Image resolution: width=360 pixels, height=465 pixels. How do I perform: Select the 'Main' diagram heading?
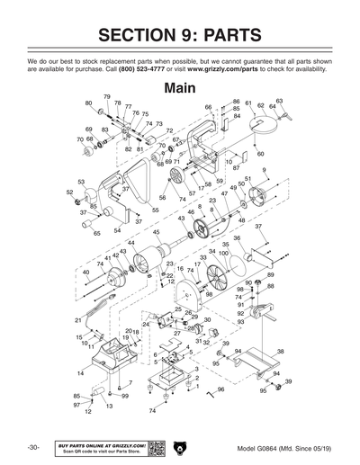pyautogui.click(x=181, y=89)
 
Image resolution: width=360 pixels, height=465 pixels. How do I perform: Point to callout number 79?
pyautogui.click(x=107, y=97)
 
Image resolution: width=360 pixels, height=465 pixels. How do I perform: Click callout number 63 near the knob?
pyautogui.click(x=279, y=101)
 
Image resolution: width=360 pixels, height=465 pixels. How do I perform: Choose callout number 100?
pyautogui.click(x=223, y=253)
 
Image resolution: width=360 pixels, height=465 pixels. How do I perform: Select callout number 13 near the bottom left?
pyautogui.click(x=109, y=406)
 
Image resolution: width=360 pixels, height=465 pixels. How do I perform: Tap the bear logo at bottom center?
pyautogui.click(x=180, y=447)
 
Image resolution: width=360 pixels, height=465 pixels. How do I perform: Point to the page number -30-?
pyautogui.click(x=32, y=447)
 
